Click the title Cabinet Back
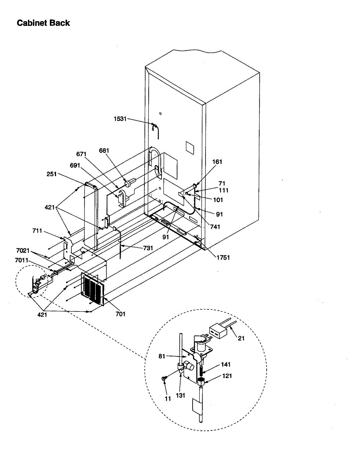(x=43, y=23)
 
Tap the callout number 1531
(x=120, y=119)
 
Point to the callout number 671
(x=81, y=154)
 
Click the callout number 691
(x=75, y=165)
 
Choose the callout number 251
(x=51, y=174)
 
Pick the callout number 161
(x=217, y=162)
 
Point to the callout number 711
(x=38, y=232)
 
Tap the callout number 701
(x=121, y=314)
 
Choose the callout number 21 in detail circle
(x=241, y=338)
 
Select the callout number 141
(x=226, y=365)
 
